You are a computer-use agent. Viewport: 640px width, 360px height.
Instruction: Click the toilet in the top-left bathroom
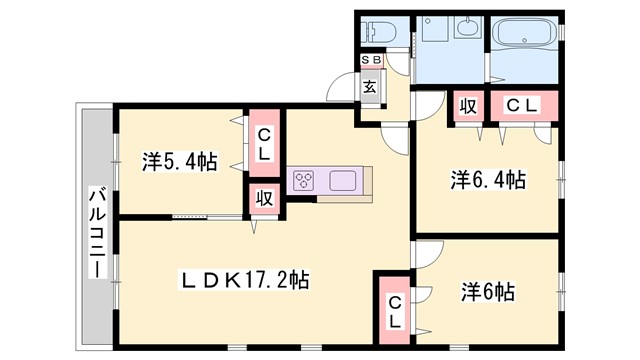coord(379,30)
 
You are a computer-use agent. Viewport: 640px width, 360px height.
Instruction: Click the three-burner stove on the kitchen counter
coord(304,181)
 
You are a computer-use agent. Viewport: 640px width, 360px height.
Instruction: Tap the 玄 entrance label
coord(370,87)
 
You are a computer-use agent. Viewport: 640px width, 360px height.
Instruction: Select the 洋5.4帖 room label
coord(179,161)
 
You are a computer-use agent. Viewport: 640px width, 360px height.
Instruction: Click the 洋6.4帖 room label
coord(487,180)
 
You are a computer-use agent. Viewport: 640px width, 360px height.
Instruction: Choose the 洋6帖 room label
coord(488,292)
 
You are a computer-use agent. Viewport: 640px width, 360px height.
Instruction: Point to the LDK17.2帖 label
coord(245,282)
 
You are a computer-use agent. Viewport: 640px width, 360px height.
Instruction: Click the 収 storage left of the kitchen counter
coord(265,198)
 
